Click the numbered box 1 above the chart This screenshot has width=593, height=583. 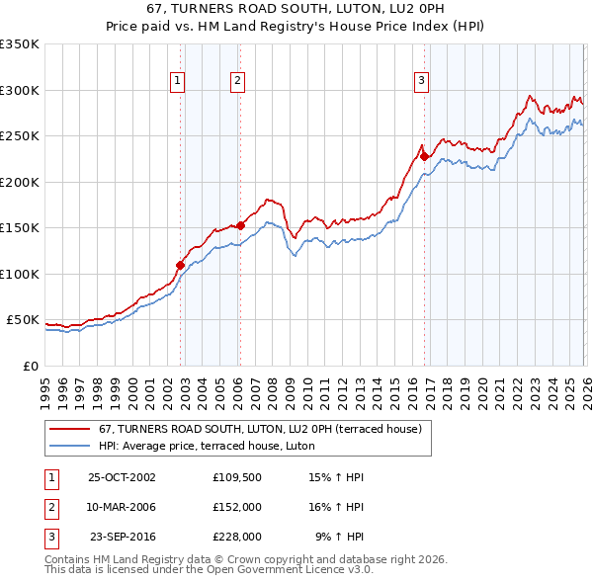click(176, 82)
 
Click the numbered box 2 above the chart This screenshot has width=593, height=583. click(238, 82)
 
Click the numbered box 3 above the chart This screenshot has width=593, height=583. click(421, 82)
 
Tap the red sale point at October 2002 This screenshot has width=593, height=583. click(180, 265)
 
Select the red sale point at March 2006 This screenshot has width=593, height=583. click(240, 225)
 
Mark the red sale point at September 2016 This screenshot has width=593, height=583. click(424, 155)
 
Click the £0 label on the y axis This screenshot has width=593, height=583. click(30, 366)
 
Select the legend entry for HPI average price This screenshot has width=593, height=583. click(206, 446)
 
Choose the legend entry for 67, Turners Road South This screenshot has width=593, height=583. click(260, 429)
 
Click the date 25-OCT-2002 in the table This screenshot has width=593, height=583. click(122, 476)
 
